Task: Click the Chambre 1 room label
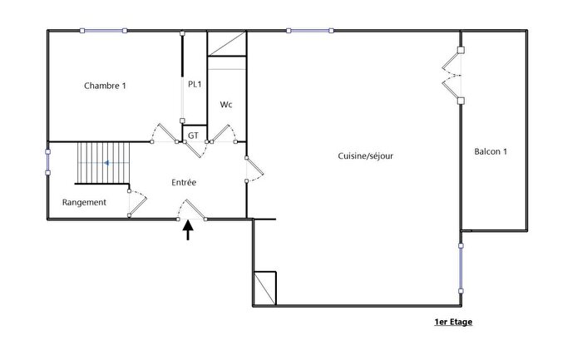106,86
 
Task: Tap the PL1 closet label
194,84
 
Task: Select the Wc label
225,105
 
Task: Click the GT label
193,135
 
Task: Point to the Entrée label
184,182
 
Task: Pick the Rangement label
84,202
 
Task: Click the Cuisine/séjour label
365,155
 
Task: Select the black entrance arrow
188,229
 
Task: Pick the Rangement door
136,203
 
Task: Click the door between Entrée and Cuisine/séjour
254,168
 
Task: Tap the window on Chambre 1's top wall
104,32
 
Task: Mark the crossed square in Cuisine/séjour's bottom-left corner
265,288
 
